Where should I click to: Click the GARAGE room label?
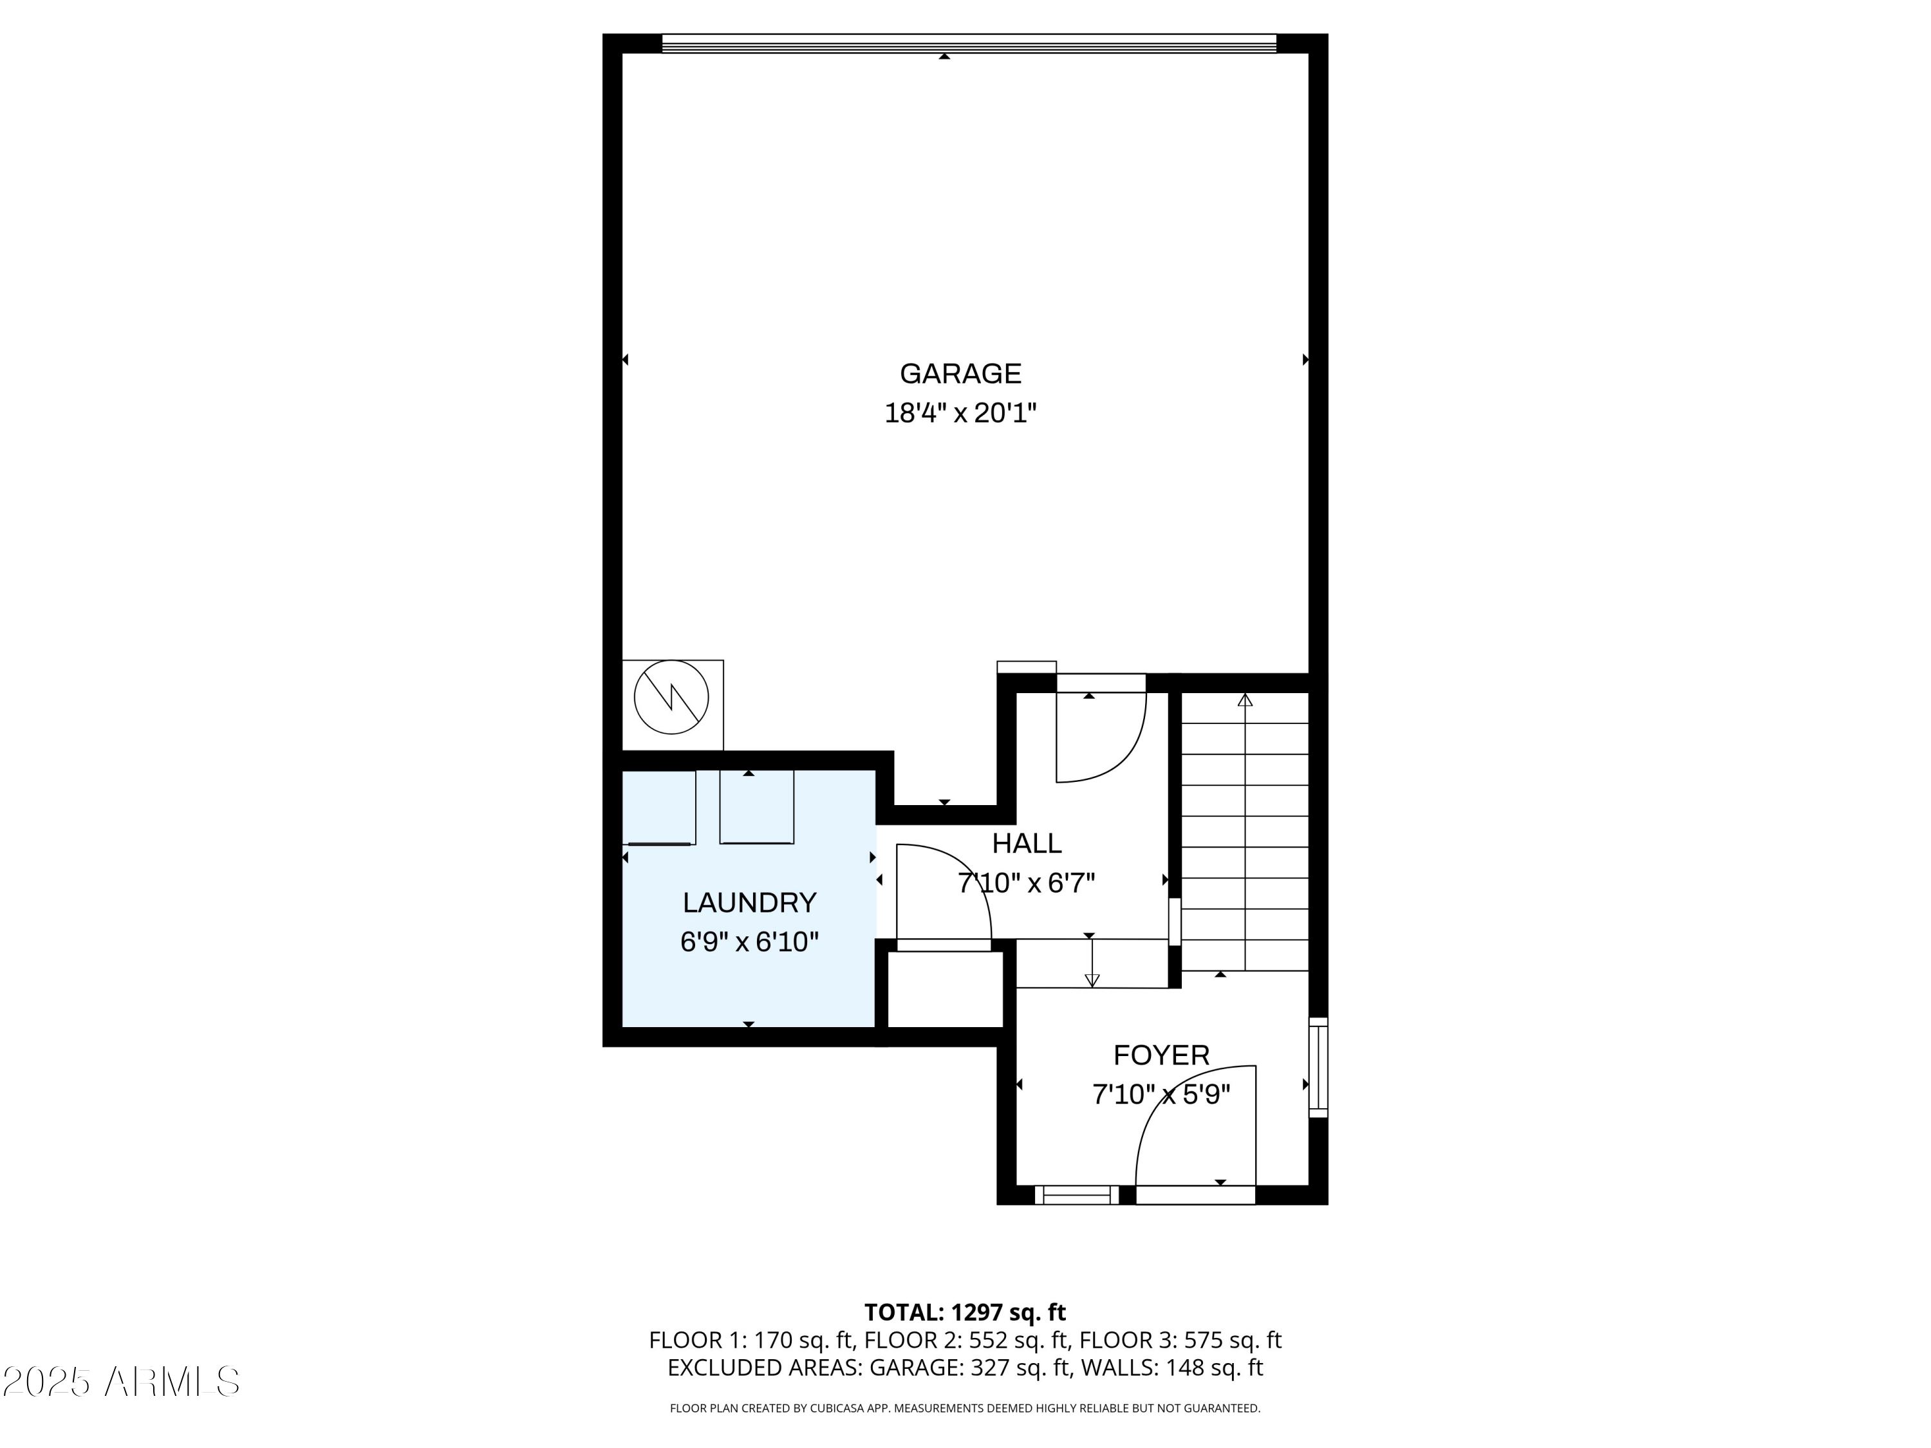(960, 373)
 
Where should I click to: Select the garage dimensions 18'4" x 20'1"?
(960, 413)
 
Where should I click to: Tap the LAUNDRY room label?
(749, 902)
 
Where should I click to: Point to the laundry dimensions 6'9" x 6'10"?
(749, 942)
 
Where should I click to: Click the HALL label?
(1027, 843)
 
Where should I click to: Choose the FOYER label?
(1161, 1055)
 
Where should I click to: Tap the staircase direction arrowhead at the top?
(1245, 700)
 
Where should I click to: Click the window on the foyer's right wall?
(1318, 1066)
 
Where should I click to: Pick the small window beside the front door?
(1076, 1195)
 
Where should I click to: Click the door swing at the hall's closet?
(943, 895)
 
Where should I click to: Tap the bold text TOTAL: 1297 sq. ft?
(965, 1313)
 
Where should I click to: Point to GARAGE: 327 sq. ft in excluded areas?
(969, 1368)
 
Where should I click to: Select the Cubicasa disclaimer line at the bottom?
(965, 1408)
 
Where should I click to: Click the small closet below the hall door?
(944, 989)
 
